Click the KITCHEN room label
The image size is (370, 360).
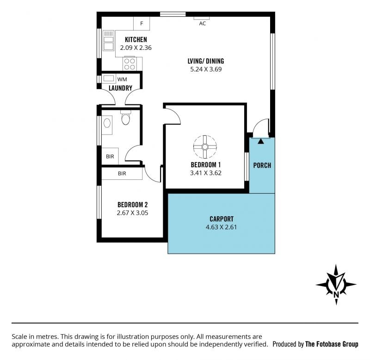pyautogui.click(x=136, y=39)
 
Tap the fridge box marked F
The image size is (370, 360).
pyautogui.click(x=142, y=24)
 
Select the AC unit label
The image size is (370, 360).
pyautogui.click(x=202, y=24)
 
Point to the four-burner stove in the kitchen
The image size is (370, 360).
pyautogui.click(x=129, y=64)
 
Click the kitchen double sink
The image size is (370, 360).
pyautogui.click(x=109, y=40)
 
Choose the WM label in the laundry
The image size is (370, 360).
pyautogui.click(x=122, y=79)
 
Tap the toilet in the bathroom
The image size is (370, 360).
pyautogui.click(x=125, y=118)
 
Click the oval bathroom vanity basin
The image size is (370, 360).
pyautogui.click(x=107, y=123)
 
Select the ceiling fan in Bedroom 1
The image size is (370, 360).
pyautogui.click(x=205, y=147)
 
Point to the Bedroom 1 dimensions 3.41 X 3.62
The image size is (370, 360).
pyautogui.click(x=206, y=173)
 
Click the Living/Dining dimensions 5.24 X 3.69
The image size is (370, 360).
pyautogui.click(x=206, y=69)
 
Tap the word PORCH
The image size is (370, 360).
pyautogui.click(x=262, y=165)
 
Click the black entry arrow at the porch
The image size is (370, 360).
pyautogui.click(x=261, y=141)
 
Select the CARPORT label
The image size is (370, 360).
pyautogui.click(x=222, y=219)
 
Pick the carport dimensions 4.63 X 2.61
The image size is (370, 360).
pyautogui.click(x=221, y=227)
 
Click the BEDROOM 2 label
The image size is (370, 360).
pyautogui.click(x=133, y=204)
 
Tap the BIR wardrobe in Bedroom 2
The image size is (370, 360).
pyautogui.click(x=122, y=173)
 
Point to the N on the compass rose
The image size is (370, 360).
pyautogui.click(x=336, y=294)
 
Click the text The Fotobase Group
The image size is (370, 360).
pyautogui.click(x=332, y=344)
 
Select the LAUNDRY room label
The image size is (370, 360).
pyautogui.click(x=120, y=88)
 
